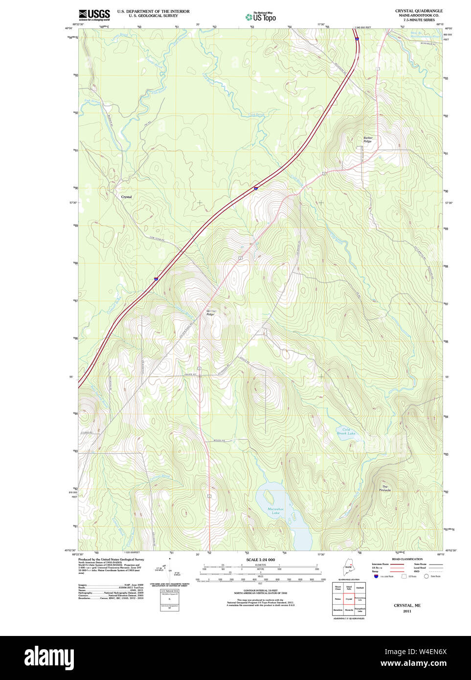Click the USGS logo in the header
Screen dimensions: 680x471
point(94,14)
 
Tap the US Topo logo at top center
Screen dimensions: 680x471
point(261,17)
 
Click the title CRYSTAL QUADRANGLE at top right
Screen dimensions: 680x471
point(419,11)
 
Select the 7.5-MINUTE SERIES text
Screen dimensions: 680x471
point(419,20)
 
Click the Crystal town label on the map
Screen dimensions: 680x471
point(126,197)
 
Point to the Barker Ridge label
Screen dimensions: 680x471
point(368,139)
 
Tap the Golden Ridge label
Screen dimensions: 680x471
point(210,313)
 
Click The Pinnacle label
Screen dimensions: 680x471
point(385,488)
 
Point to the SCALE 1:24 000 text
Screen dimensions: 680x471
point(260,560)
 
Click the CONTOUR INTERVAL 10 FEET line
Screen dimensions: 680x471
point(260,590)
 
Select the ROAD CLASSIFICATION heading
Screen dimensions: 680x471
point(407,559)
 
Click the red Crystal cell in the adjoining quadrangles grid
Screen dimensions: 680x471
point(349,599)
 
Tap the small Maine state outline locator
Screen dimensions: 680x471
point(348,569)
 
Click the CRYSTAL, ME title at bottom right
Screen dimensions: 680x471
point(407,606)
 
